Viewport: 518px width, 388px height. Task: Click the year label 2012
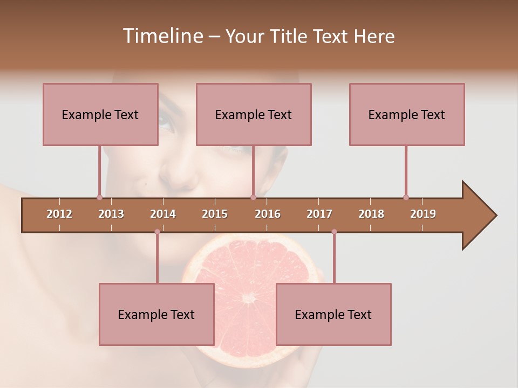pyautogui.click(x=59, y=214)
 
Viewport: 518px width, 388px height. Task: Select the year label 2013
pyautogui.click(x=111, y=214)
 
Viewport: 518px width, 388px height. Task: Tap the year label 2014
pyautogui.click(x=163, y=214)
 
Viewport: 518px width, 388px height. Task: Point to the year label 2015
pyautogui.click(x=215, y=214)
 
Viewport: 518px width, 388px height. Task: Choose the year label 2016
pyautogui.click(x=268, y=214)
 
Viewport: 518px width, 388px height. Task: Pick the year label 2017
pyautogui.click(x=319, y=214)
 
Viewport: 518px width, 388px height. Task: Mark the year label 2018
pyautogui.click(x=371, y=214)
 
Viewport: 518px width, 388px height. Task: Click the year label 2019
pyautogui.click(x=423, y=214)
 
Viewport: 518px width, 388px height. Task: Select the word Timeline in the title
pyautogui.click(x=161, y=36)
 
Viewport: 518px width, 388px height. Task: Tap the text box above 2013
pyautogui.click(x=100, y=114)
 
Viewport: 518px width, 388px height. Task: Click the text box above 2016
pyautogui.click(x=254, y=114)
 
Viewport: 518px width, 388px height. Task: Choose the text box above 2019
pyautogui.click(x=407, y=114)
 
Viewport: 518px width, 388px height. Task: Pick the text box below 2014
pyautogui.click(x=156, y=314)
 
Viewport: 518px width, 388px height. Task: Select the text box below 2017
pyautogui.click(x=333, y=314)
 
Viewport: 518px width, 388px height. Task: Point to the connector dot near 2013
pyautogui.click(x=99, y=197)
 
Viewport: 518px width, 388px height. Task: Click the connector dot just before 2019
pyautogui.click(x=406, y=197)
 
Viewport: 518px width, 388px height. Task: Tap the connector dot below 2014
pyautogui.click(x=157, y=232)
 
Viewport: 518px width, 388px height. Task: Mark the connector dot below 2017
pyautogui.click(x=334, y=232)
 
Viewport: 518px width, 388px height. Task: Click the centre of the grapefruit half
pyautogui.click(x=249, y=297)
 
